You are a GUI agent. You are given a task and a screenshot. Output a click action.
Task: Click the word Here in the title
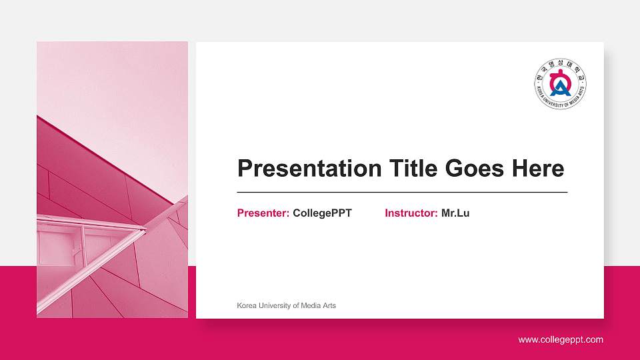[537, 169]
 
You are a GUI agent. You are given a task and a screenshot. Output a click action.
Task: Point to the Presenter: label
[263, 213]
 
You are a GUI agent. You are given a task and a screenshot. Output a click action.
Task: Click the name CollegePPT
[322, 213]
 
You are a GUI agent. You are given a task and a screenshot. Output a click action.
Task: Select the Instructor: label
[411, 213]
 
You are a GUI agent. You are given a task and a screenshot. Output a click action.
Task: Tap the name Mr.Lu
[455, 213]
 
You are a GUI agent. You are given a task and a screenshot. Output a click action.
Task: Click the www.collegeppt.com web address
[561, 340]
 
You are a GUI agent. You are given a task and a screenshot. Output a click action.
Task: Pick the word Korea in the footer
[247, 305]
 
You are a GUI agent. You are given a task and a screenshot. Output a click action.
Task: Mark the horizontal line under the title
[402, 192]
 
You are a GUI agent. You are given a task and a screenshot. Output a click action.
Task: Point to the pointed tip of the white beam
[145, 230]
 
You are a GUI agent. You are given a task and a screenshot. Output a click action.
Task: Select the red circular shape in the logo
[561, 76]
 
